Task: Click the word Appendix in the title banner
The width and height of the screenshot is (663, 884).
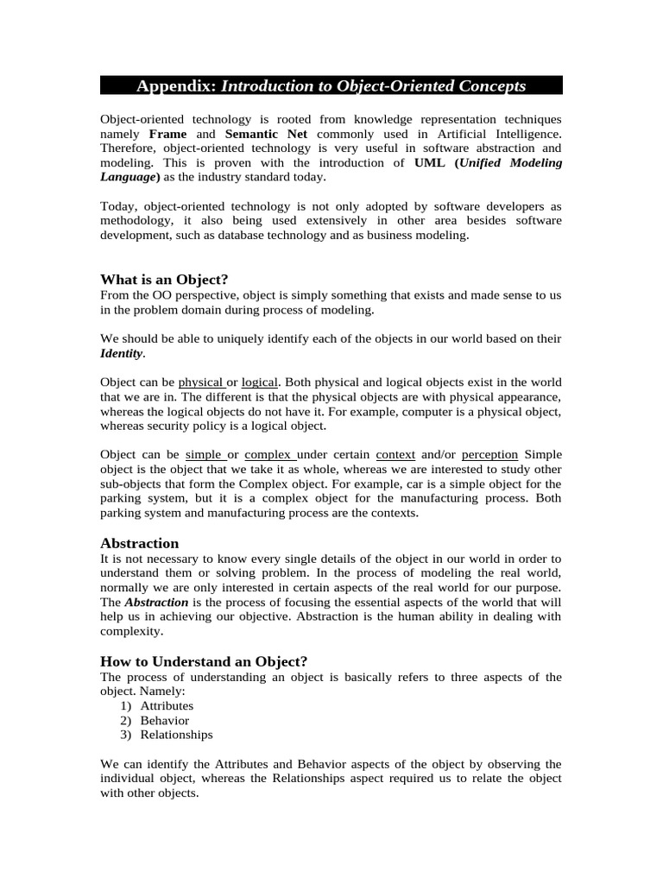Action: [x=176, y=85]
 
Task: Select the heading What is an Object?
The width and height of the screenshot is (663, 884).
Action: [x=164, y=280]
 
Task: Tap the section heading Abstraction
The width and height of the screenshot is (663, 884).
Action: [x=140, y=543]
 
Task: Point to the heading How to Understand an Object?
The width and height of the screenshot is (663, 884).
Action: [x=204, y=661]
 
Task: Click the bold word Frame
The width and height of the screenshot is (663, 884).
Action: [x=167, y=134]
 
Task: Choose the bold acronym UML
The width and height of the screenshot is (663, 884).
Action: [x=430, y=162]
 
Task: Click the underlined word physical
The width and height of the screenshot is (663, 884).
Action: [x=200, y=382]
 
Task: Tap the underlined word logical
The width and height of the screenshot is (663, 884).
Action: [x=259, y=382]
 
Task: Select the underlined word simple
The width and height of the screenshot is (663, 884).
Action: [x=204, y=454]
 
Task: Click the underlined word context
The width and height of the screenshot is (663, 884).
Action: [x=395, y=454]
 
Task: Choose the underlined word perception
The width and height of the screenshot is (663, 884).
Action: [x=489, y=454]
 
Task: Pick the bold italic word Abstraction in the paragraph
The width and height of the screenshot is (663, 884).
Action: [x=156, y=602]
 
